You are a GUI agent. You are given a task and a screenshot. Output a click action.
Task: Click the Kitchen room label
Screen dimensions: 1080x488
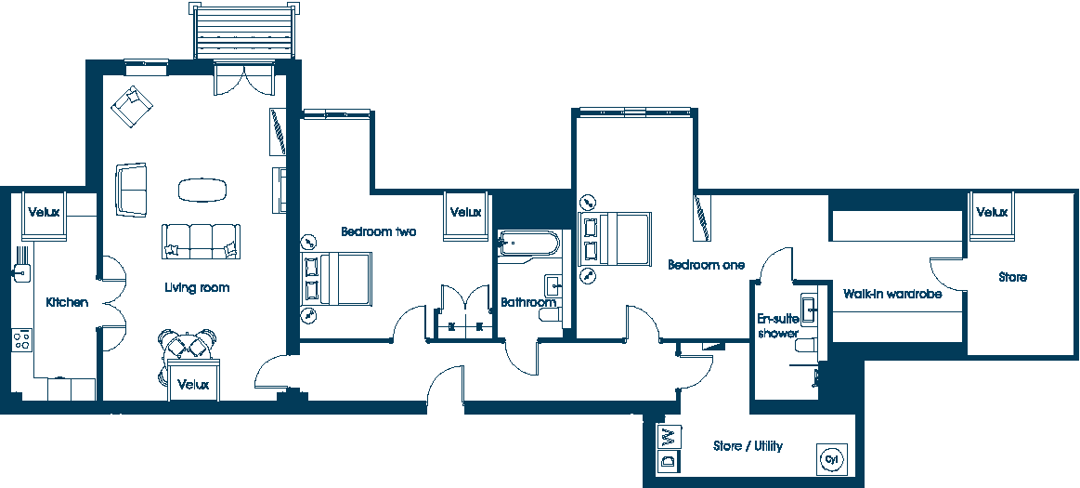pyautogui.click(x=67, y=303)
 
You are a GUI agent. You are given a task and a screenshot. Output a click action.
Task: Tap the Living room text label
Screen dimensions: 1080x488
pyautogui.click(x=197, y=287)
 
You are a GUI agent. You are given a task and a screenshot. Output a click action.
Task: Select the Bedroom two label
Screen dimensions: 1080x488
pyautogui.click(x=379, y=232)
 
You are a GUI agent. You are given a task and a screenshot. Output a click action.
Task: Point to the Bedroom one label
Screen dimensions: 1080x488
pyautogui.click(x=706, y=265)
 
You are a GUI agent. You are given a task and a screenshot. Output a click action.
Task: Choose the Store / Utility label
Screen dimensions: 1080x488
pyautogui.click(x=748, y=446)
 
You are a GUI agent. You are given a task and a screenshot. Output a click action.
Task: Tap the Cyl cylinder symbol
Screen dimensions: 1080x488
pyautogui.click(x=831, y=458)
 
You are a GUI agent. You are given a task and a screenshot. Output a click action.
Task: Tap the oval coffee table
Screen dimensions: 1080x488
pyautogui.click(x=202, y=190)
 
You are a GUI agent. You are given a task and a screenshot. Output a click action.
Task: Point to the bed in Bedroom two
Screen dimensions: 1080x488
pyautogui.click(x=336, y=279)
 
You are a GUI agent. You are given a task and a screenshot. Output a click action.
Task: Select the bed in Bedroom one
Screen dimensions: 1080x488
pyautogui.click(x=615, y=239)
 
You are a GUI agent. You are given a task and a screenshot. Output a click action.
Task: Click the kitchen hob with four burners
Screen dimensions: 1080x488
pyautogui.click(x=21, y=339)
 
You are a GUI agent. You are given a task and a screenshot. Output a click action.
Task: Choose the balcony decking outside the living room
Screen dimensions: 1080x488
pyautogui.click(x=244, y=33)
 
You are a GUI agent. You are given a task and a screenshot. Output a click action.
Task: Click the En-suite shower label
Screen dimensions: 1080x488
pyautogui.click(x=777, y=326)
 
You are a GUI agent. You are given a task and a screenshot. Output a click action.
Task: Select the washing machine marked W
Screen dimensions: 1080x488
pyautogui.click(x=668, y=436)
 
